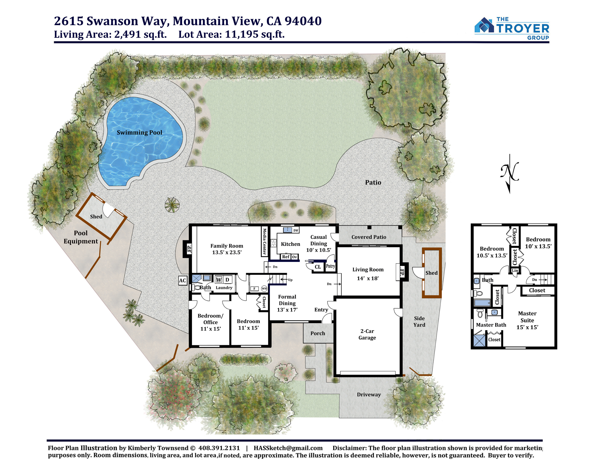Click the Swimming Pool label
pyautogui.click(x=139, y=133)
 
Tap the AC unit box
pyautogui.click(x=183, y=280)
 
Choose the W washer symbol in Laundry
pyautogui.click(x=219, y=280)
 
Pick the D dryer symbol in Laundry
pyautogui.click(x=227, y=280)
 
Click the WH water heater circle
pyautogui.click(x=264, y=288)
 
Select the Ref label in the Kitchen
pyautogui.click(x=286, y=257)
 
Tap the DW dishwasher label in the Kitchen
pyautogui.click(x=296, y=230)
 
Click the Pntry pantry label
pyautogui.click(x=330, y=266)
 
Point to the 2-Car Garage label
pyautogui.click(x=367, y=334)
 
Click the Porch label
pyautogui.click(x=318, y=333)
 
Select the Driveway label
pyautogui.click(x=369, y=394)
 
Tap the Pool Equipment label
pyautogui.click(x=81, y=237)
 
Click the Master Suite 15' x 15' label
pyautogui.click(x=527, y=320)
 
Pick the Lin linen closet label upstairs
pyautogui.click(x=515, y=271)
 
